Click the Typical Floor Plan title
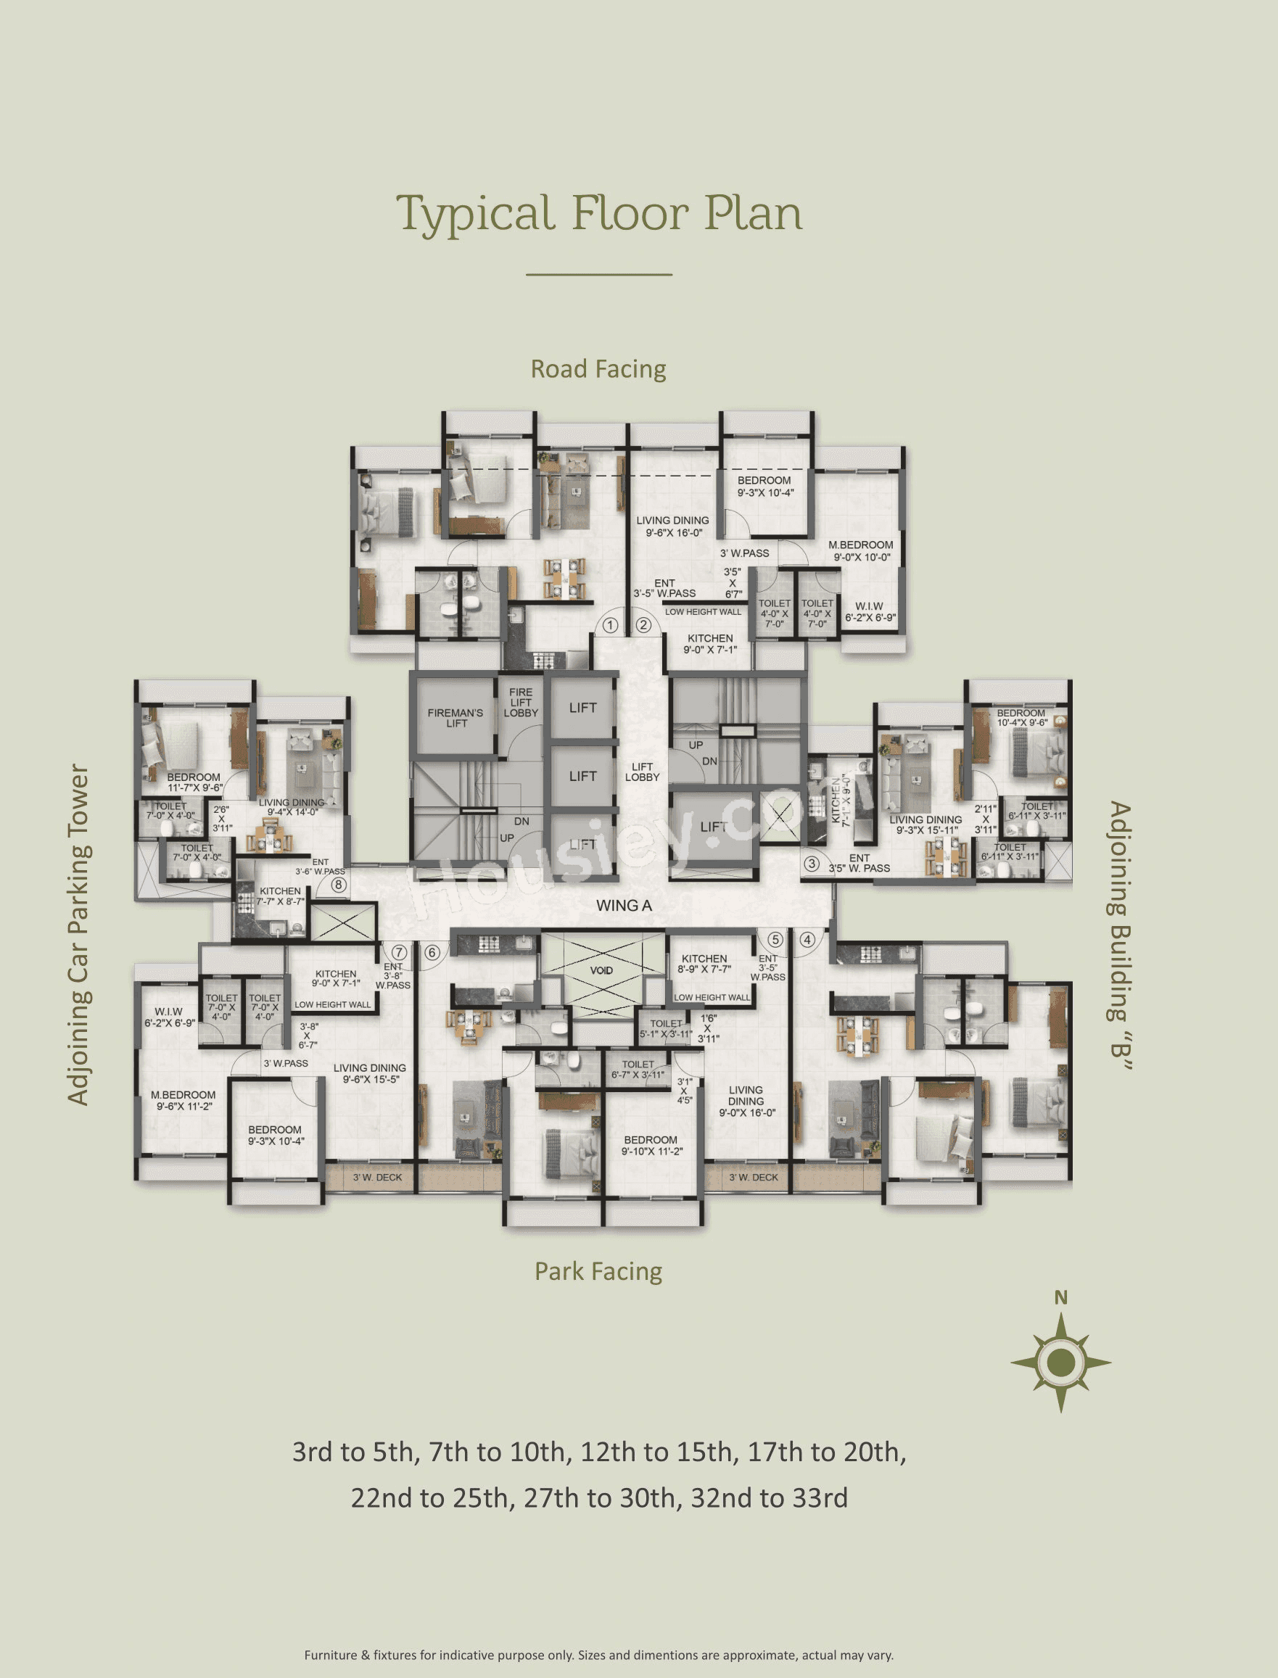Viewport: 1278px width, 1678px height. tap(598, 214)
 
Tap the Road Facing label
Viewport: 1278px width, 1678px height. tap(598, 369)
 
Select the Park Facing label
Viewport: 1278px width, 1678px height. tap(598, 1271)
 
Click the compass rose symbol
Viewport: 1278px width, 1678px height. tap(1060, 1362)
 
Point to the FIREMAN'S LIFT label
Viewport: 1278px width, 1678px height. tap(455, 717)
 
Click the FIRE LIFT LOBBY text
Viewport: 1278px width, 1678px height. tap(520, 702)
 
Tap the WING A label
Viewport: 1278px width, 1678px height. tap(624, 905)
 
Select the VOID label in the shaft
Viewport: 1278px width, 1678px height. tap(601, 970)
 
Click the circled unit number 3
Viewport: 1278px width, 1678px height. tap(812, 864)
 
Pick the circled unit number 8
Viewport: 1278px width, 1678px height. tap(339, 885)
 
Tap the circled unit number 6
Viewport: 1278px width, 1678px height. tap(432, 952)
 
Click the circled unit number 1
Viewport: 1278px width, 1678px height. tap(610, 625)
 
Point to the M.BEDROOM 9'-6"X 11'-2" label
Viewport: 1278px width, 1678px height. tap(183, 1100)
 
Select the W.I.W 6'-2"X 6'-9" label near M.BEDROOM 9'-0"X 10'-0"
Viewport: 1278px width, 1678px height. tap(870, 611)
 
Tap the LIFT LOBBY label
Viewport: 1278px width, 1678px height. tap(642, 772)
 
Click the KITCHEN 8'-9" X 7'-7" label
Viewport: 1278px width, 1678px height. tap(704, 964)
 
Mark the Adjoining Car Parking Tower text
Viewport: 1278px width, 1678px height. tap(78, 935)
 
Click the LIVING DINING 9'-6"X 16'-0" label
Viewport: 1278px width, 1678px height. tap(672, 526)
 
